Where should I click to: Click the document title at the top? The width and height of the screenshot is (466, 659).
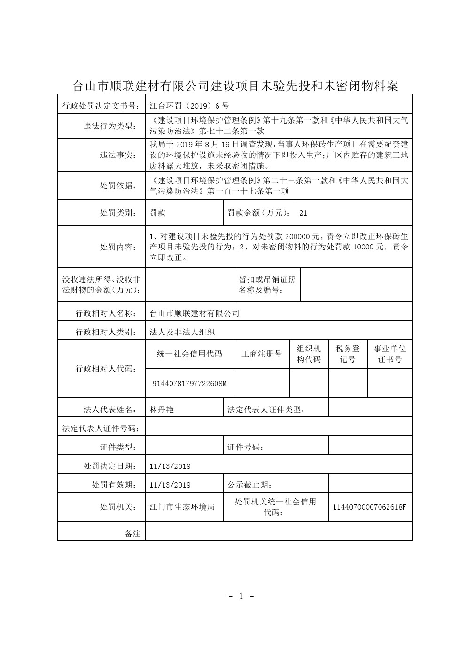235,85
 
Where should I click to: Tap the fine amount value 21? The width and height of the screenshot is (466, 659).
303,213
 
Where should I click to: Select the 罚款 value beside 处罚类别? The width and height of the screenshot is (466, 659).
157,213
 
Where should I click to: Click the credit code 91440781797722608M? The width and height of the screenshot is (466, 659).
190,384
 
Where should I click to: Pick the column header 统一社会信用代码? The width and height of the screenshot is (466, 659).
190,354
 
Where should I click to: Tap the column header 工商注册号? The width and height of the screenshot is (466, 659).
262,354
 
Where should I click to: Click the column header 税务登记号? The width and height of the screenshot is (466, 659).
348,354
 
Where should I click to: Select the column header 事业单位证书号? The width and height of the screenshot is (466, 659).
389,354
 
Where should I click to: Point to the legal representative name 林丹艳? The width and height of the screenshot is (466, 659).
162,410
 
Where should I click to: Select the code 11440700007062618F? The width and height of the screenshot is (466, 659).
369,507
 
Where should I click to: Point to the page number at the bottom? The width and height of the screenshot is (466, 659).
241,597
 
